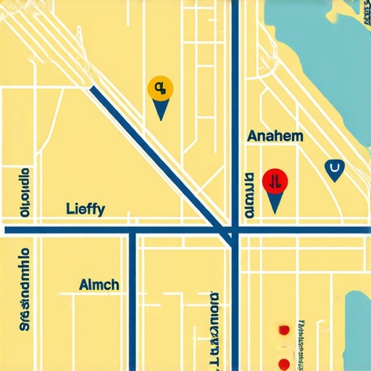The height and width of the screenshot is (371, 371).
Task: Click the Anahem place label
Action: (x=275, y=136)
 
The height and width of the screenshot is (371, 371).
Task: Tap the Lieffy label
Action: (x=85, y=209)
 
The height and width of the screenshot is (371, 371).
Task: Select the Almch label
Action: (x=99, y=285)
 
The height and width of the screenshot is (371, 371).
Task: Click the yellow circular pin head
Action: (x=159, y=88)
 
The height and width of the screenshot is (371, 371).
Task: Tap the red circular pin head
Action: (x=275, y=180)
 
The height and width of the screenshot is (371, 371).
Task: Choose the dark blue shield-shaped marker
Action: (x=334, y=170)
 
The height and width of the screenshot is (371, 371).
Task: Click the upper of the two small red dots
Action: (x=283, y=330)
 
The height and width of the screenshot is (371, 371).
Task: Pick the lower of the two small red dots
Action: (x=285, y=362)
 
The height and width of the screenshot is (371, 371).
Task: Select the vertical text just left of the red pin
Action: (x=249, y=196)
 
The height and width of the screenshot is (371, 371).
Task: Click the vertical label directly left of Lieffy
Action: (x=25, y=193)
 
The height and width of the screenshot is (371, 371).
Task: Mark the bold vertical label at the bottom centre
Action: (x=214, y=330)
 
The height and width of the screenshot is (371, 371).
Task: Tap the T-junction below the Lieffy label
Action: (x=133, y=231)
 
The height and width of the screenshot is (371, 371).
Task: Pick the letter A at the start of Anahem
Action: (x=251, y=136)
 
